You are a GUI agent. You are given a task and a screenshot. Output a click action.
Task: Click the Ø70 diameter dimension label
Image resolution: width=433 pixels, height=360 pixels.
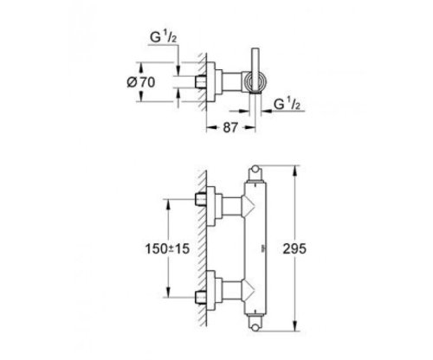tap(141, 82)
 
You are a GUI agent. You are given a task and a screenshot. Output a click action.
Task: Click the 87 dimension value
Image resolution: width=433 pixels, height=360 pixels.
tap(230, 128)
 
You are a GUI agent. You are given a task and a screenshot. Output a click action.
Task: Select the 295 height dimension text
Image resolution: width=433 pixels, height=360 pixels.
tap(294, 248)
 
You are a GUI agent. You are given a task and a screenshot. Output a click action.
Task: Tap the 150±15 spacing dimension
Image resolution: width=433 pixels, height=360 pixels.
tap(167, 248)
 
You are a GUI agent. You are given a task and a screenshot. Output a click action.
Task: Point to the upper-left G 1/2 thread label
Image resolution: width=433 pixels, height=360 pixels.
tap(163, 37)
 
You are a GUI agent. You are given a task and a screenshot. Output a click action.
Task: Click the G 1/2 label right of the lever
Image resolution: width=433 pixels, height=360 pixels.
tap(287, 104)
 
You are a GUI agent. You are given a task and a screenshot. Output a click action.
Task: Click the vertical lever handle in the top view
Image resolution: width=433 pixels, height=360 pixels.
tap(255, 70)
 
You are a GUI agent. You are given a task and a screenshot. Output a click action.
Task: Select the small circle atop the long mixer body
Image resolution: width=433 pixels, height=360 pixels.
tap(255, 169)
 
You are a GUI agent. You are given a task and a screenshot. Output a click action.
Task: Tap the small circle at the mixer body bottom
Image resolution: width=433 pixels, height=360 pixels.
tap(255, 328)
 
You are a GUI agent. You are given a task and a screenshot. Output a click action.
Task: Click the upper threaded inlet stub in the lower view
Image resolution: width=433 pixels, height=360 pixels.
tap(201, 199)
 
